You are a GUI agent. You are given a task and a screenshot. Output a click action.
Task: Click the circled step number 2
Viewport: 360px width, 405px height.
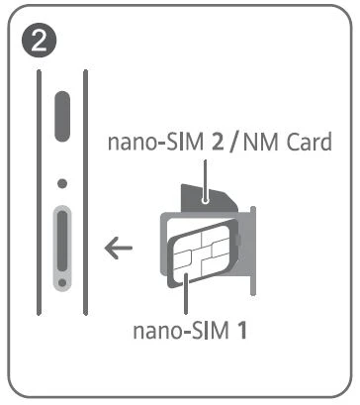(40, 40)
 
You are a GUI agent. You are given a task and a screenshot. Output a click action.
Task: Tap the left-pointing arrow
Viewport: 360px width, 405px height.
(119, 248)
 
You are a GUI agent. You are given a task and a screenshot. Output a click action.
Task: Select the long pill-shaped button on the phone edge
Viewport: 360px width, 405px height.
(62, 116)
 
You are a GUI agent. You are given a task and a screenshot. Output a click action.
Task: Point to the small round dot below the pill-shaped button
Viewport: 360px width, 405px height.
(62, 183)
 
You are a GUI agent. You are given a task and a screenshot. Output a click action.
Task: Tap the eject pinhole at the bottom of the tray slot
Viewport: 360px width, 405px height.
(62, 283)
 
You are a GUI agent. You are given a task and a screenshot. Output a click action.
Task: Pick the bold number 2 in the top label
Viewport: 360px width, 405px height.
(218, 143)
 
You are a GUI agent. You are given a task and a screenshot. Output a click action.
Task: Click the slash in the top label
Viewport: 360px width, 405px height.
(234, 143)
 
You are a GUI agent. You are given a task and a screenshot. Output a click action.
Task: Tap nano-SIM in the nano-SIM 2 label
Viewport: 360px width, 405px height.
(156, 143)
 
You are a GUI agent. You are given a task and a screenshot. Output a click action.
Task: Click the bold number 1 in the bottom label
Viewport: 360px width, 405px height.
(242, 330)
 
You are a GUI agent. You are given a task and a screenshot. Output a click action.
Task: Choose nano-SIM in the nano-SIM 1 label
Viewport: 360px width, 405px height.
(181, 331)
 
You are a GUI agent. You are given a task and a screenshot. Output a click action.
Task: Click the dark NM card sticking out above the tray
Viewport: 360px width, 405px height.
(209, 199)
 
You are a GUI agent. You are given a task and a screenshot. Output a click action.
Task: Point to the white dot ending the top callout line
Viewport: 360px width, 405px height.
(206, 200)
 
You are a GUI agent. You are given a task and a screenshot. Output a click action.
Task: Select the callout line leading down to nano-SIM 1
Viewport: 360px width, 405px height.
(186, 293)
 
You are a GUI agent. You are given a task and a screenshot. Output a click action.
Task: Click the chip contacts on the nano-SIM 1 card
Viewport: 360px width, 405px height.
(201, 254)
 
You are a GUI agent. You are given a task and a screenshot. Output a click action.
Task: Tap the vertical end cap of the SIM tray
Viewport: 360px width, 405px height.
(253, 252)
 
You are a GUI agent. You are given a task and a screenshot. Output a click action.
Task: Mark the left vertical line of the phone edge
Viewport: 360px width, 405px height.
(39, 192)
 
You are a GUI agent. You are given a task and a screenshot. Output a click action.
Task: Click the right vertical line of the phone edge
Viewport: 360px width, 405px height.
(86, 192)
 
